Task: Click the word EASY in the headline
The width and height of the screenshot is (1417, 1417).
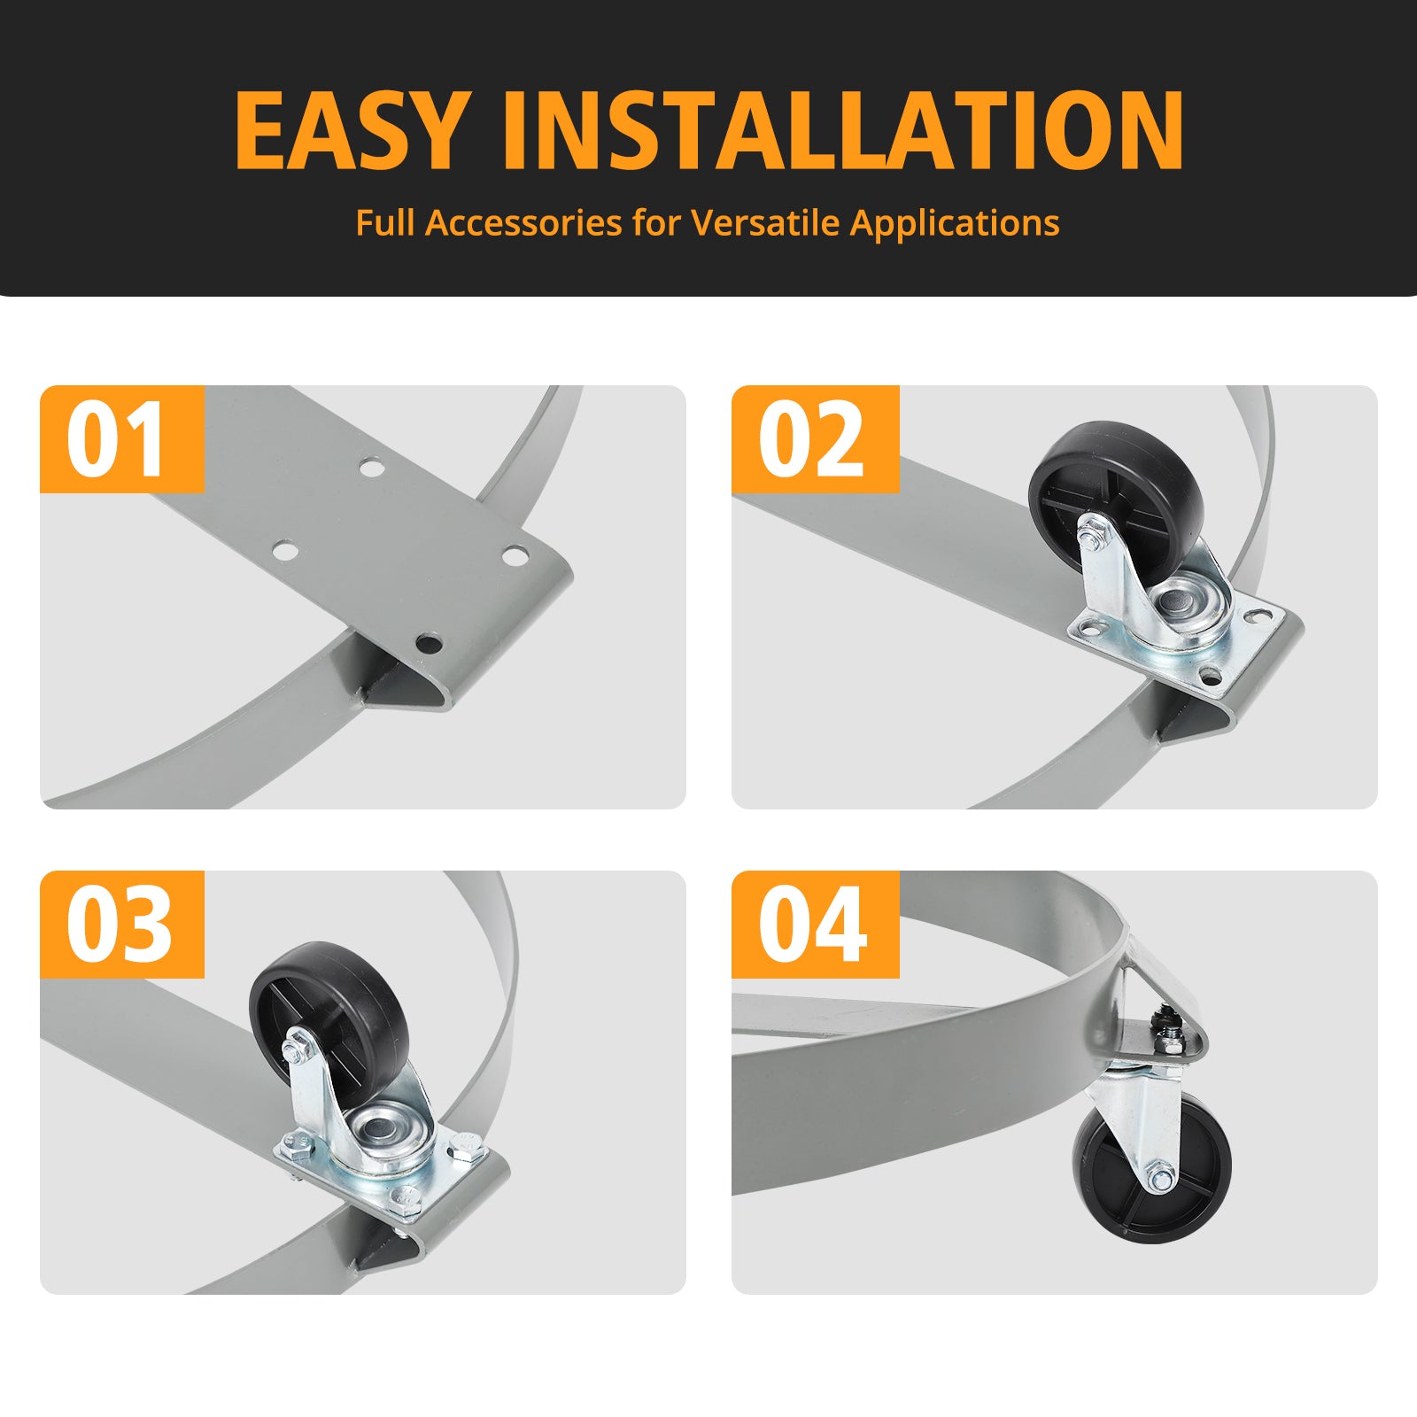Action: point(350,129)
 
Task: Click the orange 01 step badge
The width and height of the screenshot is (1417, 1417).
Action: point(122,438)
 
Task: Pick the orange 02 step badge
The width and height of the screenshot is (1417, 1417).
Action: point(815,438)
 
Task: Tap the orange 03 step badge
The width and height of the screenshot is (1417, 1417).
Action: point(122,924)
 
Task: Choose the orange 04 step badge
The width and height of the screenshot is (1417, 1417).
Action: point(815,924)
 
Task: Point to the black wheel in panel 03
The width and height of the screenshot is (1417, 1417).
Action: point(327,1012)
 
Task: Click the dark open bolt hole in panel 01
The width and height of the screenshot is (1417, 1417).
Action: point(429,643)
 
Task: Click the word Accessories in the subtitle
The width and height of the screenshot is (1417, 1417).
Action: point(524,222)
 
